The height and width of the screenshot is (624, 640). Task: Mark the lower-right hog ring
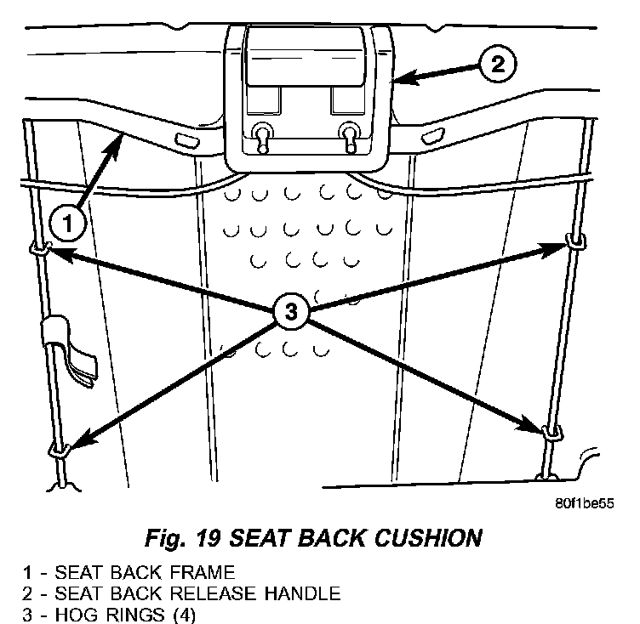click(x=551, y=431)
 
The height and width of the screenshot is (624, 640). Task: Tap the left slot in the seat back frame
click(x=182, y=139)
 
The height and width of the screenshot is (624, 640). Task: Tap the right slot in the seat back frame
click(x=432, y=134)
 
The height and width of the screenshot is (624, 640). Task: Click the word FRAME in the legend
click(x=205, y=571)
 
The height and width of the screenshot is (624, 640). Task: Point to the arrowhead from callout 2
click(x=400, y=80)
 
